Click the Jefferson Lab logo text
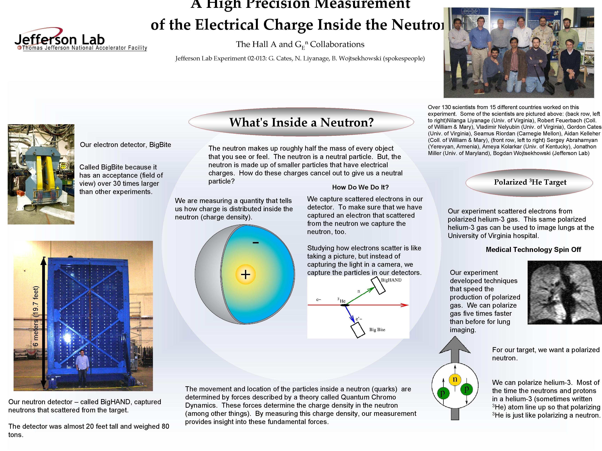[x=60, y=40]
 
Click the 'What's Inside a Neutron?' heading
[x=301, y=122]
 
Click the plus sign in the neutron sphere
[x=245, y=274]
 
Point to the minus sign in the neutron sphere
[x=256, y=243]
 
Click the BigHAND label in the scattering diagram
[x=391, y=280]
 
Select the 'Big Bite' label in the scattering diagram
[x=377, y=330]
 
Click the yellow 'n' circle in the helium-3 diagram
[x=455, y=379]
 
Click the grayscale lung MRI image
[x=564, y=292]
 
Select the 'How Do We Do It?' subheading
[x=360, y=187]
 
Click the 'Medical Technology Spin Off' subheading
[x=533, y=250]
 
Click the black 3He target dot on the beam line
[x=345, y=305]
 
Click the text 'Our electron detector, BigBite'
[x=125, y=145]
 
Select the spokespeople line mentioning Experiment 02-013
[x=300, y=58]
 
